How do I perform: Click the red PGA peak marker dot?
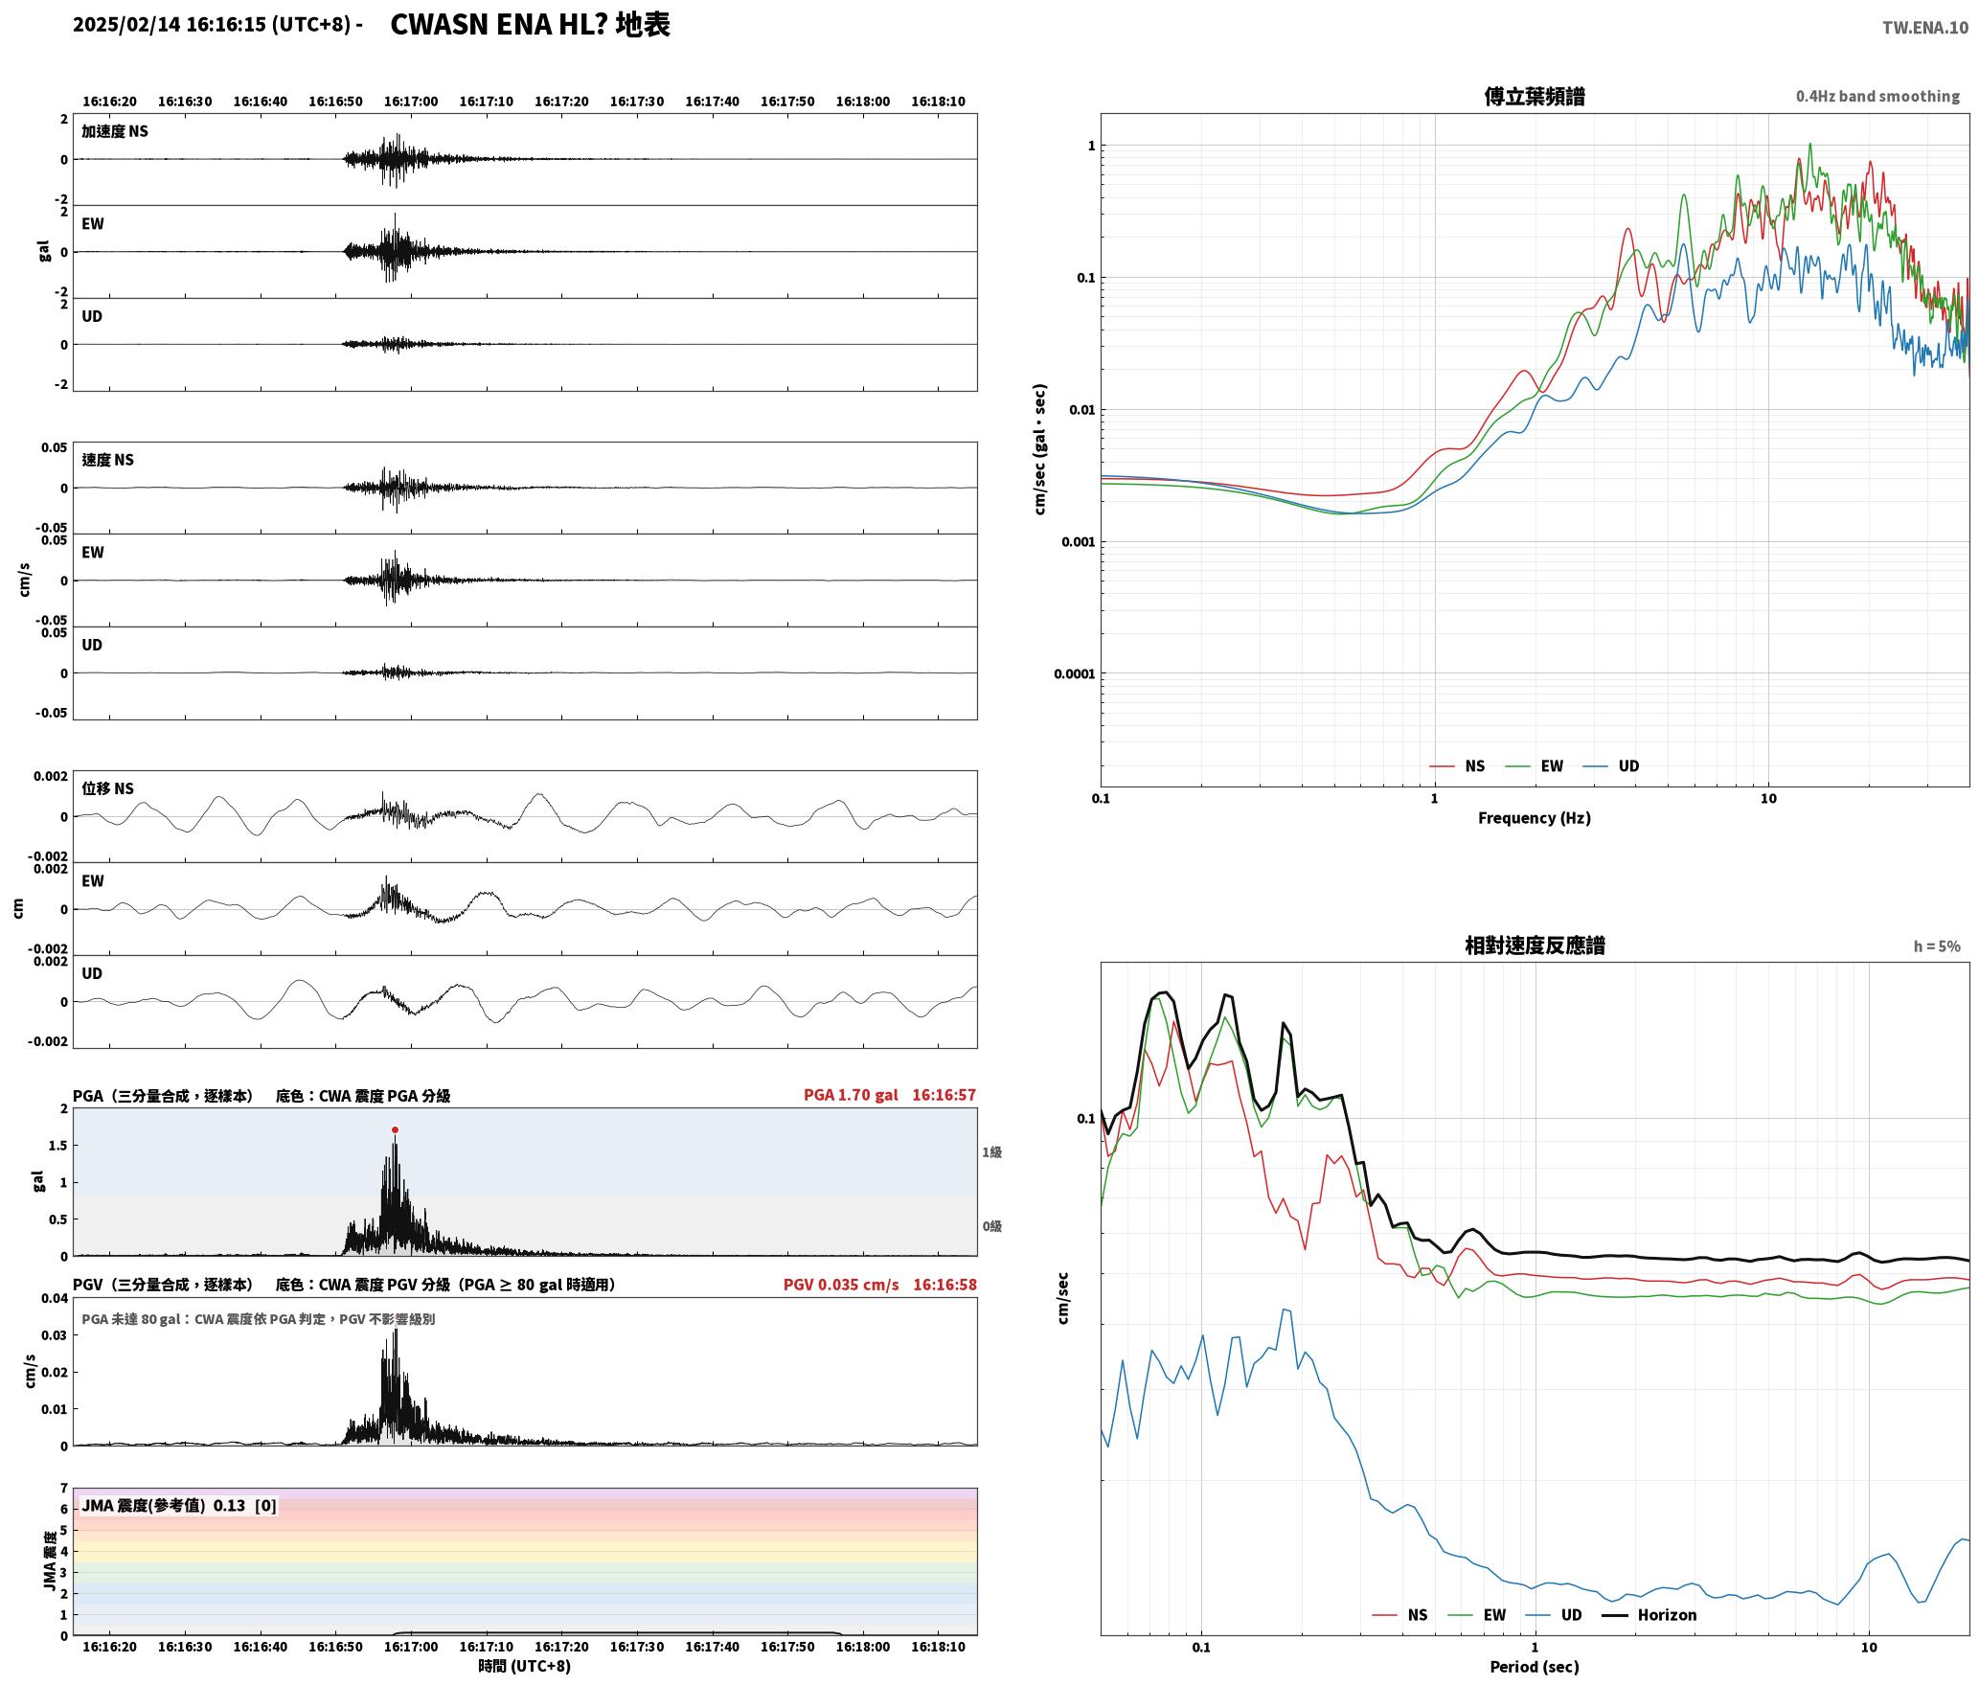pyautogui.click(x=395, y=1130)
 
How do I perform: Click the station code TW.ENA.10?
pyautogui.click(x=1925, y=28)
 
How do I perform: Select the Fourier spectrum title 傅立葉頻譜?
pyautogui.click(x=1535, y=97)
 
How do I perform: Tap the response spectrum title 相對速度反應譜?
pyautogui.click(x=1535, y=946)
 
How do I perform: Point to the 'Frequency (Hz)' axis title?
pyautogui.click(x=1535, y=818)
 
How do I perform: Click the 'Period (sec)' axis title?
pyautogui.click(x=1535, y=1667)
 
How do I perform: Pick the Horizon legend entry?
pyautogui.click(x=1649, y=1615)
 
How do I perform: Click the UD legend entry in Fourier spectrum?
pyautogui.click(x=1611, y=766)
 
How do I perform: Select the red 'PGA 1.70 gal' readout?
pyautogui.click(x=851, y=1095)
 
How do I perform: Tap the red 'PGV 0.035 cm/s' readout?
pyautogui.click(x=841, y=1285)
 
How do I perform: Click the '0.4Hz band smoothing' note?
pyautogui.click(x=1877, y=97)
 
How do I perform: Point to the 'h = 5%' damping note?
pyautogui.click(x=1937, y=946)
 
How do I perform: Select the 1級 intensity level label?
pyautogui.click(x=991, y=1152)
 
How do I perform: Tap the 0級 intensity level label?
pyautogui.click(x=991, y=1226)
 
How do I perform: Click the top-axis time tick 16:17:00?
pyautogui.click(x=411, y=102)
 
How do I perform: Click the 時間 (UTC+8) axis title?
pyautogui.click(x=525, y=1666)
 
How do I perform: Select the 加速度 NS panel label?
pyautogui.click(x=115, y=131)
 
